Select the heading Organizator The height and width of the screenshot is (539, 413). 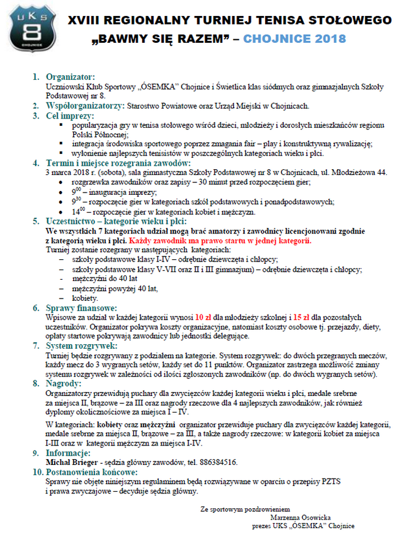coord(71,76)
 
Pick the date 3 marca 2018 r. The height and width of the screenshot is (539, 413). coord(71,171)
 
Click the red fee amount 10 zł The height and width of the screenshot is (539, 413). coord(203,316)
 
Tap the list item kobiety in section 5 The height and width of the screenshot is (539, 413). coord(85,297)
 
